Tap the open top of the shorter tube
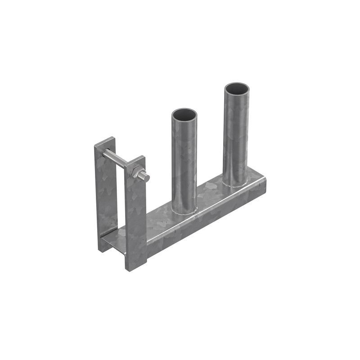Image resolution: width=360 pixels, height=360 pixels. (x=184, y=114)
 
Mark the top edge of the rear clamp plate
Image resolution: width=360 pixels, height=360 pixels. (x=105, y=141)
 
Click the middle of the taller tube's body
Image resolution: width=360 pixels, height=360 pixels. (x=236, y=135)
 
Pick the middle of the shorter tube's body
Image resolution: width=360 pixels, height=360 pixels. (x=184, y=162)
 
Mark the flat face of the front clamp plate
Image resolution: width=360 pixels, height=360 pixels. (x=135, y=216)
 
